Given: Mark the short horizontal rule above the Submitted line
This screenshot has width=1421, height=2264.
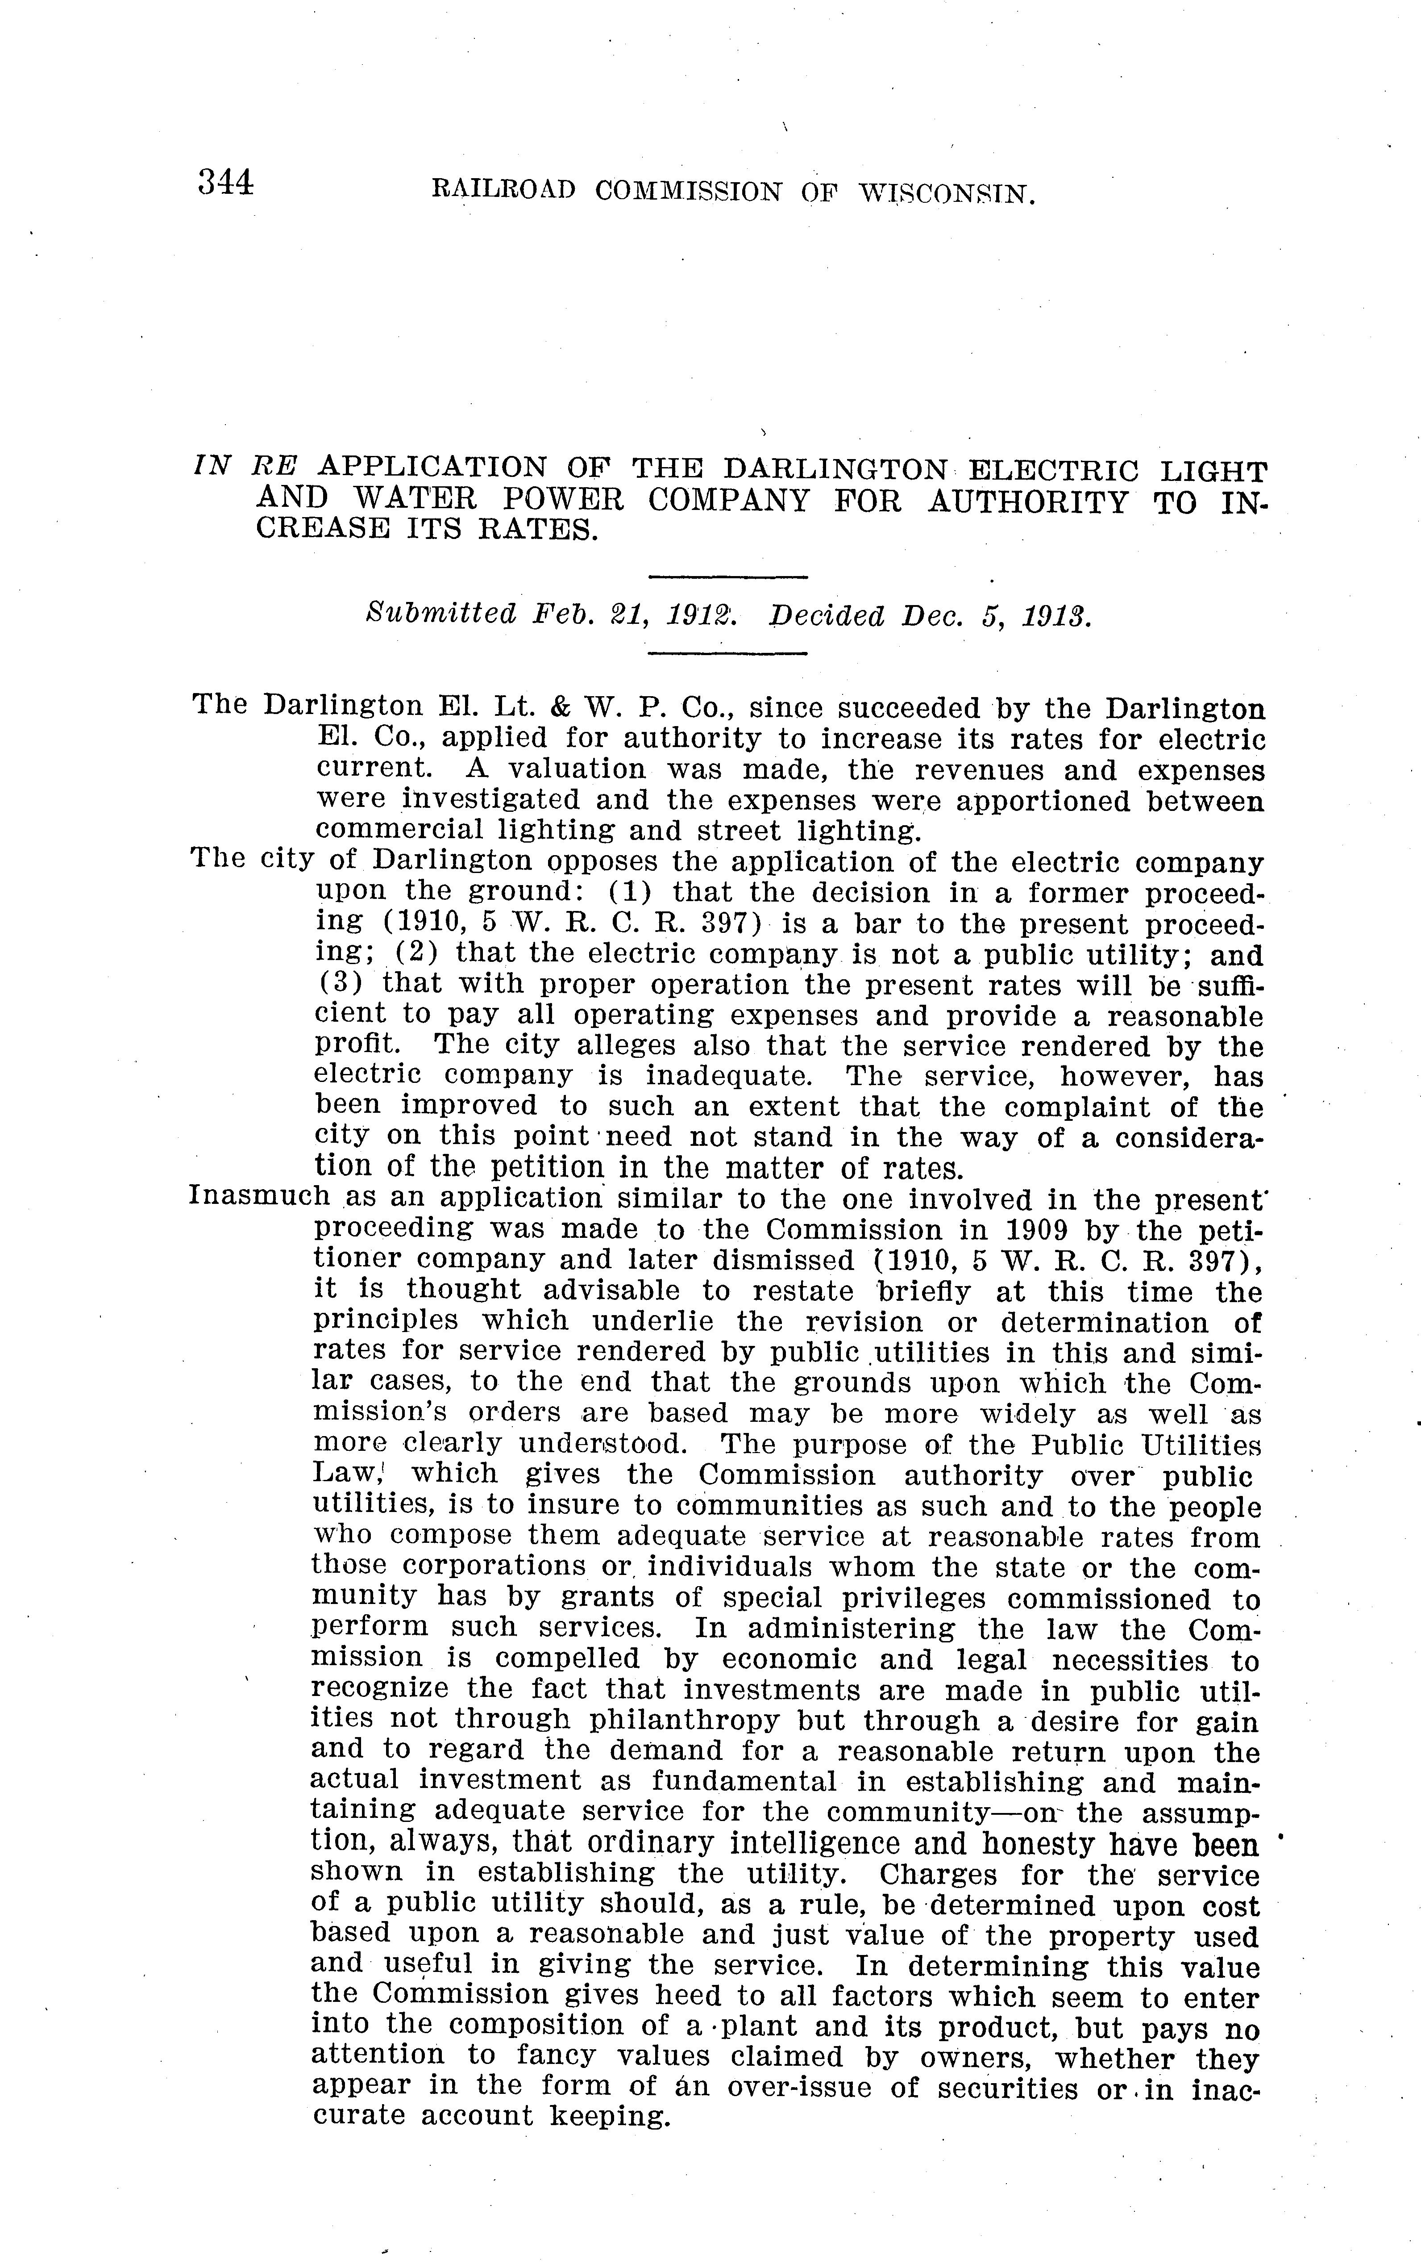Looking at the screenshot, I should tap(728, 576).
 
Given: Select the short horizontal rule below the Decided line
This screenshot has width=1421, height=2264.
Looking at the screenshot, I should tap(728, 653).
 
